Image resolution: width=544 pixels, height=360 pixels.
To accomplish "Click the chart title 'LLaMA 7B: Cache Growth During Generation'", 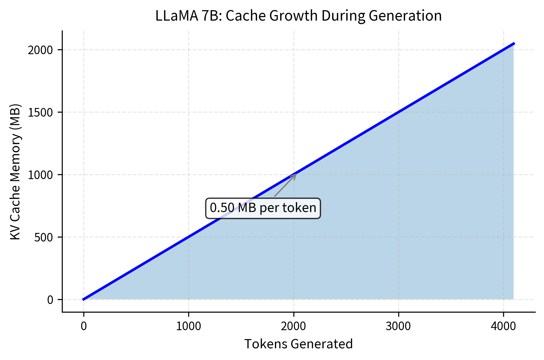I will (x=298, y=16).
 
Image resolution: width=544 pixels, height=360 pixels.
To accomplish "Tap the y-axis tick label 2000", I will (x=40, y=50).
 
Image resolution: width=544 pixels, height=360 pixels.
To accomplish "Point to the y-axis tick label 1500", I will (x=40, y=113).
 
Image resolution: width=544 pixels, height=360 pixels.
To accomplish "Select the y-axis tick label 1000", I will (x=40, y=175).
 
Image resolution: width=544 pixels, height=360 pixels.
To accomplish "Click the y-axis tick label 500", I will (x=43, y=238).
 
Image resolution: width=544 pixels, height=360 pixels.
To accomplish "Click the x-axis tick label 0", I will (x=84, y=326).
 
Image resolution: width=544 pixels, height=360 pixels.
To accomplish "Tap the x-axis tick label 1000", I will (x=189, y=326).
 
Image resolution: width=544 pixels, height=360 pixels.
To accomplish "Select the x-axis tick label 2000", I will (x=293, y=326).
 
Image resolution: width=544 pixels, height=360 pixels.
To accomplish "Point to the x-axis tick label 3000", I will (x=398, y=326).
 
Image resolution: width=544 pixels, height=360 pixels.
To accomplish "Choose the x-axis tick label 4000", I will (x=503, y=326).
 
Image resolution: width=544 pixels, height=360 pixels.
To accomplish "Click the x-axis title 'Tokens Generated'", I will (x=298, y=344).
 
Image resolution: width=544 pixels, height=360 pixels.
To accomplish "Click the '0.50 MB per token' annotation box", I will (x=263, y=208).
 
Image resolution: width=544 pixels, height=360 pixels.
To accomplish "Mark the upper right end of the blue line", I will (x=514, y=43).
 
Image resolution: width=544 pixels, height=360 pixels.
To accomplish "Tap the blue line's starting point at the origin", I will (x=83, y=299).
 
